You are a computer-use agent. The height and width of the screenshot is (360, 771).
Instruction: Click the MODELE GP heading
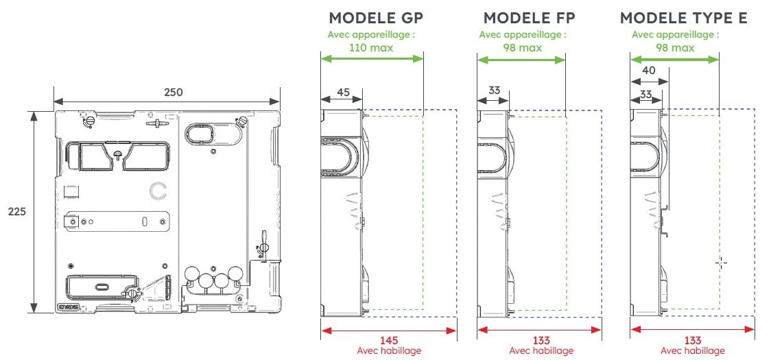pos(375,18)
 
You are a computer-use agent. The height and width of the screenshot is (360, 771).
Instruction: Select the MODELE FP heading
pos(529,18)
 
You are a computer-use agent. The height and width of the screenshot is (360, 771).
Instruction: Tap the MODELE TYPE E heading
pos(683,18)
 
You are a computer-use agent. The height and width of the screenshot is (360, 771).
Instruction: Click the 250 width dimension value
pos(174,92)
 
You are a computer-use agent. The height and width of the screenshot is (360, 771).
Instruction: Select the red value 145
pos(389,340)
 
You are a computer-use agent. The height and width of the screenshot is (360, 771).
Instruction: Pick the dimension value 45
pos(343,91)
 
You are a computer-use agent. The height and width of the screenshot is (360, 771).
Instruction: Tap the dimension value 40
pos(648,71)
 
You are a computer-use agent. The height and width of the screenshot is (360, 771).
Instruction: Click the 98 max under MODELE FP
pos(523,47)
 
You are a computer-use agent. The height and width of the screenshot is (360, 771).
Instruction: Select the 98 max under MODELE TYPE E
pos(676,47)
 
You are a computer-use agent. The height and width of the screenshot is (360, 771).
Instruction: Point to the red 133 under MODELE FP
pos(541,340)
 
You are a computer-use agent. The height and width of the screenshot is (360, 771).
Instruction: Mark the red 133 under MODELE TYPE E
pos(693,340)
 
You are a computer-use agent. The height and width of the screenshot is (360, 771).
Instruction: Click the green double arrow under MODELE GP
pos(372,59)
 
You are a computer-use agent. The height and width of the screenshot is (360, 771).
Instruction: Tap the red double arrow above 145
pos(389,330)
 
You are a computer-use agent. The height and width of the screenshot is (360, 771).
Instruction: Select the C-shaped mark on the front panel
pos(158,189)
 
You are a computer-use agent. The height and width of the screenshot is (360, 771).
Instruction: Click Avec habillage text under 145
pos(389,350)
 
